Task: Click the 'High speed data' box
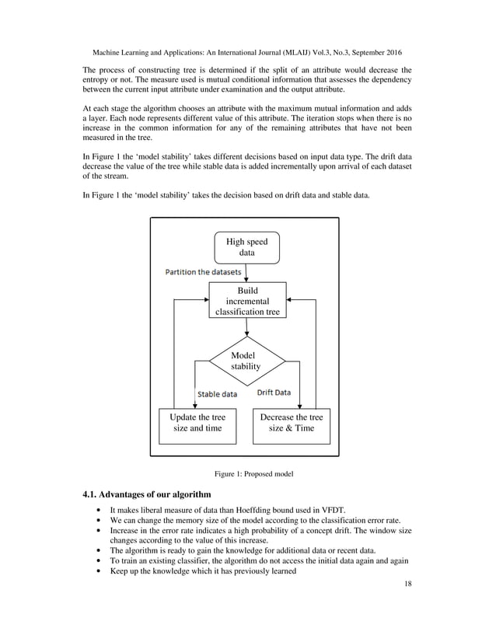(246, 247)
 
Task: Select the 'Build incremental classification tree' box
(246, 300)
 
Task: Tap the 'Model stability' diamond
(246, 361)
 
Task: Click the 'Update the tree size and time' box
(197, 423)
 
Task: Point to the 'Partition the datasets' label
(202, 272)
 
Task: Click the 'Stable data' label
(217, 394)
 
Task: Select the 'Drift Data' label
(274, 393)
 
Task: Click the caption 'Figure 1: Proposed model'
(248, 473)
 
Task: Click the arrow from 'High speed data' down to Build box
(246, 272)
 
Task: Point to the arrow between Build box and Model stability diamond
(246, 328)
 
